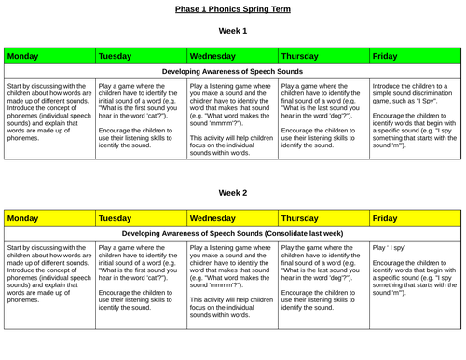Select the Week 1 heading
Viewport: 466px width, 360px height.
pos(232,31)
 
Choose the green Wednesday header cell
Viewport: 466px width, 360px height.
pos(231,57)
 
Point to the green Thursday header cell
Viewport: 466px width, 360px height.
pos(322,57)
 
